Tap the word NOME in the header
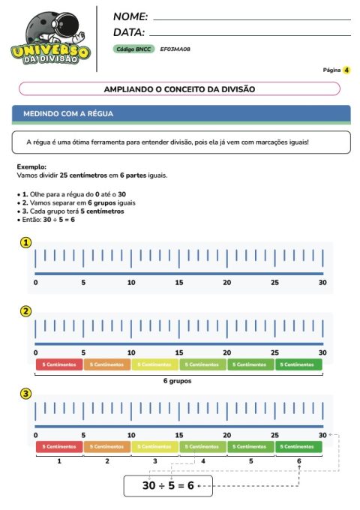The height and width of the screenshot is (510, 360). pos(130,16)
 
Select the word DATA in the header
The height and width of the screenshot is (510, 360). pos(128,32)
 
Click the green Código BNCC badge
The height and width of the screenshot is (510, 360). pos(133,49)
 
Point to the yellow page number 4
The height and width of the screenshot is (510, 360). pos(347,70)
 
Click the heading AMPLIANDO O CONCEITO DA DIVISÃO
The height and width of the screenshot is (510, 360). pos(179,88)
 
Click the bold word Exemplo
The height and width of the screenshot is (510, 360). pos(31,166)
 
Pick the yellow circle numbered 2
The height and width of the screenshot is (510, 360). pos(26,311)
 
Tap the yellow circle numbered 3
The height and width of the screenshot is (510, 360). pos(26,393)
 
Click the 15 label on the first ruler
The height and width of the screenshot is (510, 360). pos(179,283)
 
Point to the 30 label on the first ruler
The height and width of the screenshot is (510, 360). pos(322,283)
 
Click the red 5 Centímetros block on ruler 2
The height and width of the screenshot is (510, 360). pos(59,364)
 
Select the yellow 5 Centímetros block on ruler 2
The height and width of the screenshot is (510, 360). pos(155,364)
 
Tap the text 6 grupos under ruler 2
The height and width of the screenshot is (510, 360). pos(178,381)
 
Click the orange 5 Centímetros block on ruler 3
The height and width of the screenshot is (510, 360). pos(107,446)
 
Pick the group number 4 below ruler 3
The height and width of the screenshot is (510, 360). pos(203,461)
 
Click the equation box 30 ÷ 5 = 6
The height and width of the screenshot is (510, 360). pos(169,486)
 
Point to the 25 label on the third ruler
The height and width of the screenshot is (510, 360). pos(275,435)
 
